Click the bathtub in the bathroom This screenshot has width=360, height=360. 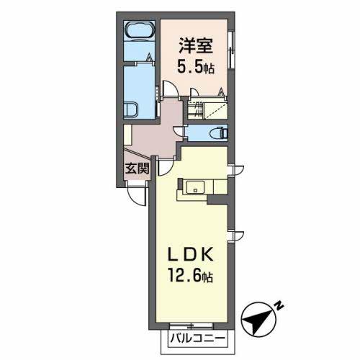pyautogui.click(x=139, y=31)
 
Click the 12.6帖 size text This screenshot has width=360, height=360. pyautogui.click(x=192, y=276)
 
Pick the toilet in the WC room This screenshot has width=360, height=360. pyautogui.click(x=217, y=132)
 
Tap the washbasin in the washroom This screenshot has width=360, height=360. pyautogui.click(x=133, y=110)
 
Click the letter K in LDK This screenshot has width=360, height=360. pyautogui.click(x=210, y=256)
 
